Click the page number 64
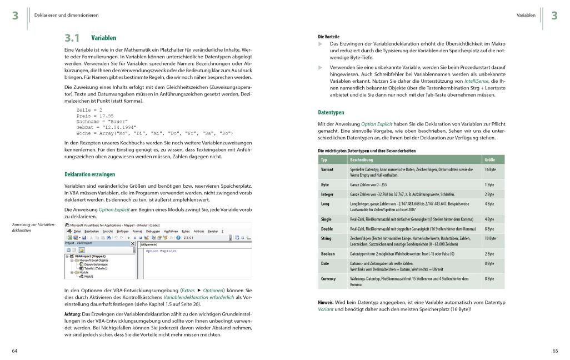[x=15, y=351]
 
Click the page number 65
[x=555, y=351]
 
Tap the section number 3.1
[x=72, y=38]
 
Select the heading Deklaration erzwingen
[x=90, y=174]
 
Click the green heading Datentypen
[x=331, y=112]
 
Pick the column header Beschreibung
[x=362, y=159]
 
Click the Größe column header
[x=490, y=159]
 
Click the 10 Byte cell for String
[x=491, y=238]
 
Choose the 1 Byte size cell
[x=489, y=184]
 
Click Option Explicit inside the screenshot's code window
[x=161, y=251]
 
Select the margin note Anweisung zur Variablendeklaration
[x=33, y=227]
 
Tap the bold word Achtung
[x=73, y=314]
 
